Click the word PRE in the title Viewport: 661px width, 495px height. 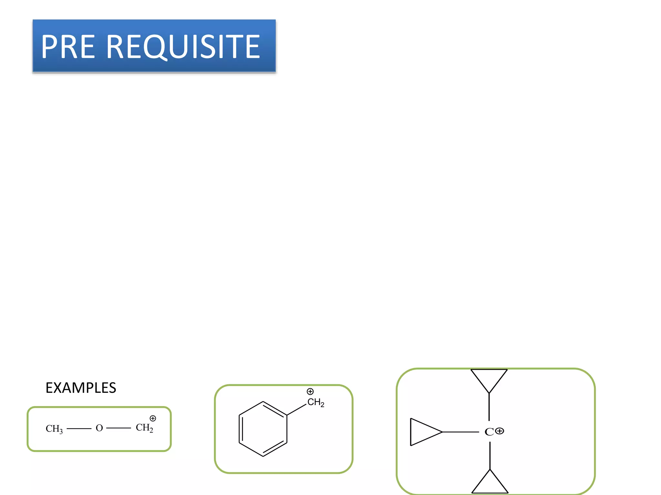[x=68, y=47]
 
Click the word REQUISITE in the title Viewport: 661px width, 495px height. [x=183, y=47]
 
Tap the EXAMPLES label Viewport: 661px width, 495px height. [x=81, y=388]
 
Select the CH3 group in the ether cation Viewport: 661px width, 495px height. [x=54, y=429]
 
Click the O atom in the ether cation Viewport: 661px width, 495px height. [x=99, y=428]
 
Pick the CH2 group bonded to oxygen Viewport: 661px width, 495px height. [x=144, y=428]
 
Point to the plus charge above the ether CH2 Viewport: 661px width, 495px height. [x=153, y=418]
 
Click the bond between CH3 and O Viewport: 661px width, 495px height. [x=79, y=429]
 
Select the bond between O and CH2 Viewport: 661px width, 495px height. [x=118, y=428]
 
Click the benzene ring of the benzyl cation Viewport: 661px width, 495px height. [x=263, y=429]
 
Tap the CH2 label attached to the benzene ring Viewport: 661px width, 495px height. [x=315, y=403]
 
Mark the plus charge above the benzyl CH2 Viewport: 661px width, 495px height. [x=310, y=392]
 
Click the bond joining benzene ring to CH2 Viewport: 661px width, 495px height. [x=296, y=409]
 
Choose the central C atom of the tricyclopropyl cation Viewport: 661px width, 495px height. [x=489, y=432]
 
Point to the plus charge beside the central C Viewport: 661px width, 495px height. [x=500, y=431]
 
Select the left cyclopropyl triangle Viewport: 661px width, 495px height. [x=421, y=432]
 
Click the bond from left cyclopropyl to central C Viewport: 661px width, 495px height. [x=461, y=432]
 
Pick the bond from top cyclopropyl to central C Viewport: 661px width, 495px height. [x=489, y=407]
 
